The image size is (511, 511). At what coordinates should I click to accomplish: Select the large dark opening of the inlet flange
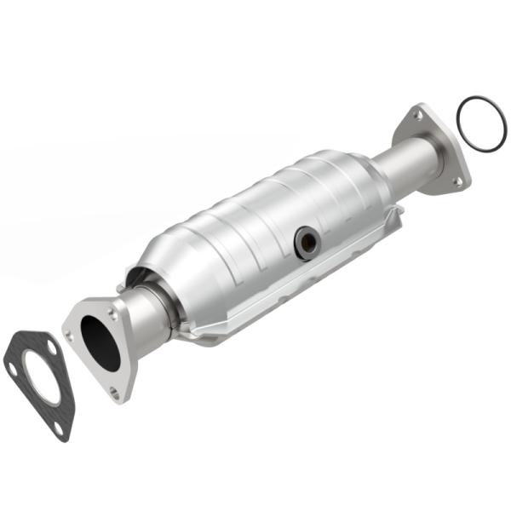100,342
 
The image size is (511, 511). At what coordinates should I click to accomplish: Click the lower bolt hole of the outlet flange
457,181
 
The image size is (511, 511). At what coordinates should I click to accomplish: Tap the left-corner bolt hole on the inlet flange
70,335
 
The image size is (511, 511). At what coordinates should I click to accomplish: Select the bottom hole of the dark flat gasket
59,429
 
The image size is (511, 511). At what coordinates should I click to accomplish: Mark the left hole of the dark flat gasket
12,369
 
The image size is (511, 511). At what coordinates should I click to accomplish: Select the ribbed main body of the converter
255,230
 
